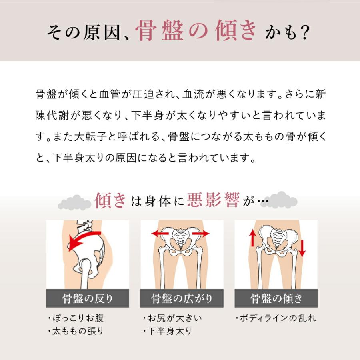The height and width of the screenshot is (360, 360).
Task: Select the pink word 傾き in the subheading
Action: pyautogui.click(x=111, y=200)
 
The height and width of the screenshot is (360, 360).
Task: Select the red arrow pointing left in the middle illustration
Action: pyautogui.click(x=159, y=234)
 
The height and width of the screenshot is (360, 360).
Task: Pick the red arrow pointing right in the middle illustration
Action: pyautogui.click(x=201, y=234)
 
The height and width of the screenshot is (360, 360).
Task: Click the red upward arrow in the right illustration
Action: pyautogui.click(x=252, y=238)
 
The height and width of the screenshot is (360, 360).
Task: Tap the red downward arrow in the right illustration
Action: pyautogui.click(x=302, y=248)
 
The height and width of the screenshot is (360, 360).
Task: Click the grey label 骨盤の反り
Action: pyautogui.click(x=88, y=298)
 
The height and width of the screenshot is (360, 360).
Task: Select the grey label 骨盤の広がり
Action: pyautogui.click(x=182, y=298)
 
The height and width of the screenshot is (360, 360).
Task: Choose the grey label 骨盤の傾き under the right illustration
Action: pyautogui.click(x=276, y=298)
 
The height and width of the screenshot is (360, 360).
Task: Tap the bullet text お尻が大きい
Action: pyautogui.click(x=174, y=319)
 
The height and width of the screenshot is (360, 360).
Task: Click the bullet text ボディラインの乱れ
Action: pyautogui.click(x=278, y=319)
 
